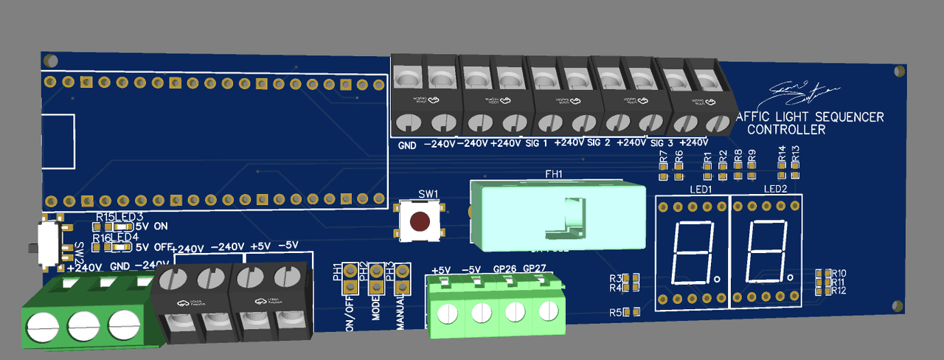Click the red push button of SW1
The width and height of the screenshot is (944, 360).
click(x=420, y=221)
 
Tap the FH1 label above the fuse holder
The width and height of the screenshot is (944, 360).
click(x=553, y=175)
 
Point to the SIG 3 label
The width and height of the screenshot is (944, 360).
click(x=662, y=142)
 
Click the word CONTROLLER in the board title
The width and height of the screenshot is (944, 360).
click(x=786, y=130)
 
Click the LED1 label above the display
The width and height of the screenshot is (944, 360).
click(x=700, y=190)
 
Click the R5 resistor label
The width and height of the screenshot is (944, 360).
click(x=616, y=312)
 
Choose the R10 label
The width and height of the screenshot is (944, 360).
click(x=839, y=274)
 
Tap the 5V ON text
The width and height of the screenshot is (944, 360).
click(x=153, y=227)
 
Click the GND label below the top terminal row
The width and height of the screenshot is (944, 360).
click(x=407, y=145)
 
